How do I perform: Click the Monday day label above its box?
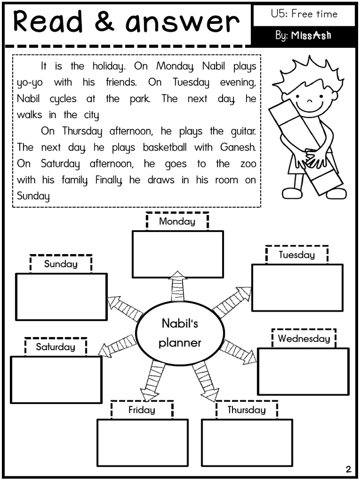[x=177, y=221]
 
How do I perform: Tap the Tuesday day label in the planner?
[x=297, y=255]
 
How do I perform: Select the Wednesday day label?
[x=304, y=338]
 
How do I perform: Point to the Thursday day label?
[x=247, y=410]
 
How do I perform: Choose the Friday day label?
[x=142, y=410]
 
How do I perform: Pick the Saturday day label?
[x=55, y=347]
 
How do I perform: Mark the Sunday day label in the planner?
[x=60, y=263]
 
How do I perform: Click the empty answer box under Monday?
[x=178, y=254]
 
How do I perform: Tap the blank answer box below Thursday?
[x=247, y=442]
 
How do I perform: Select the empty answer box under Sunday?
[x=61, y=297]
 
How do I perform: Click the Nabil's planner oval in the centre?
[x=180, y=333]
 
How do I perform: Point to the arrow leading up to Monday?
[x=178, y=286]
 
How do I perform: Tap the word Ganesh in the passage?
[x=238, y=147]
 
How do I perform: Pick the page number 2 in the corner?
[x=348, y=469]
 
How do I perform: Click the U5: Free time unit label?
[x=304, y=14]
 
